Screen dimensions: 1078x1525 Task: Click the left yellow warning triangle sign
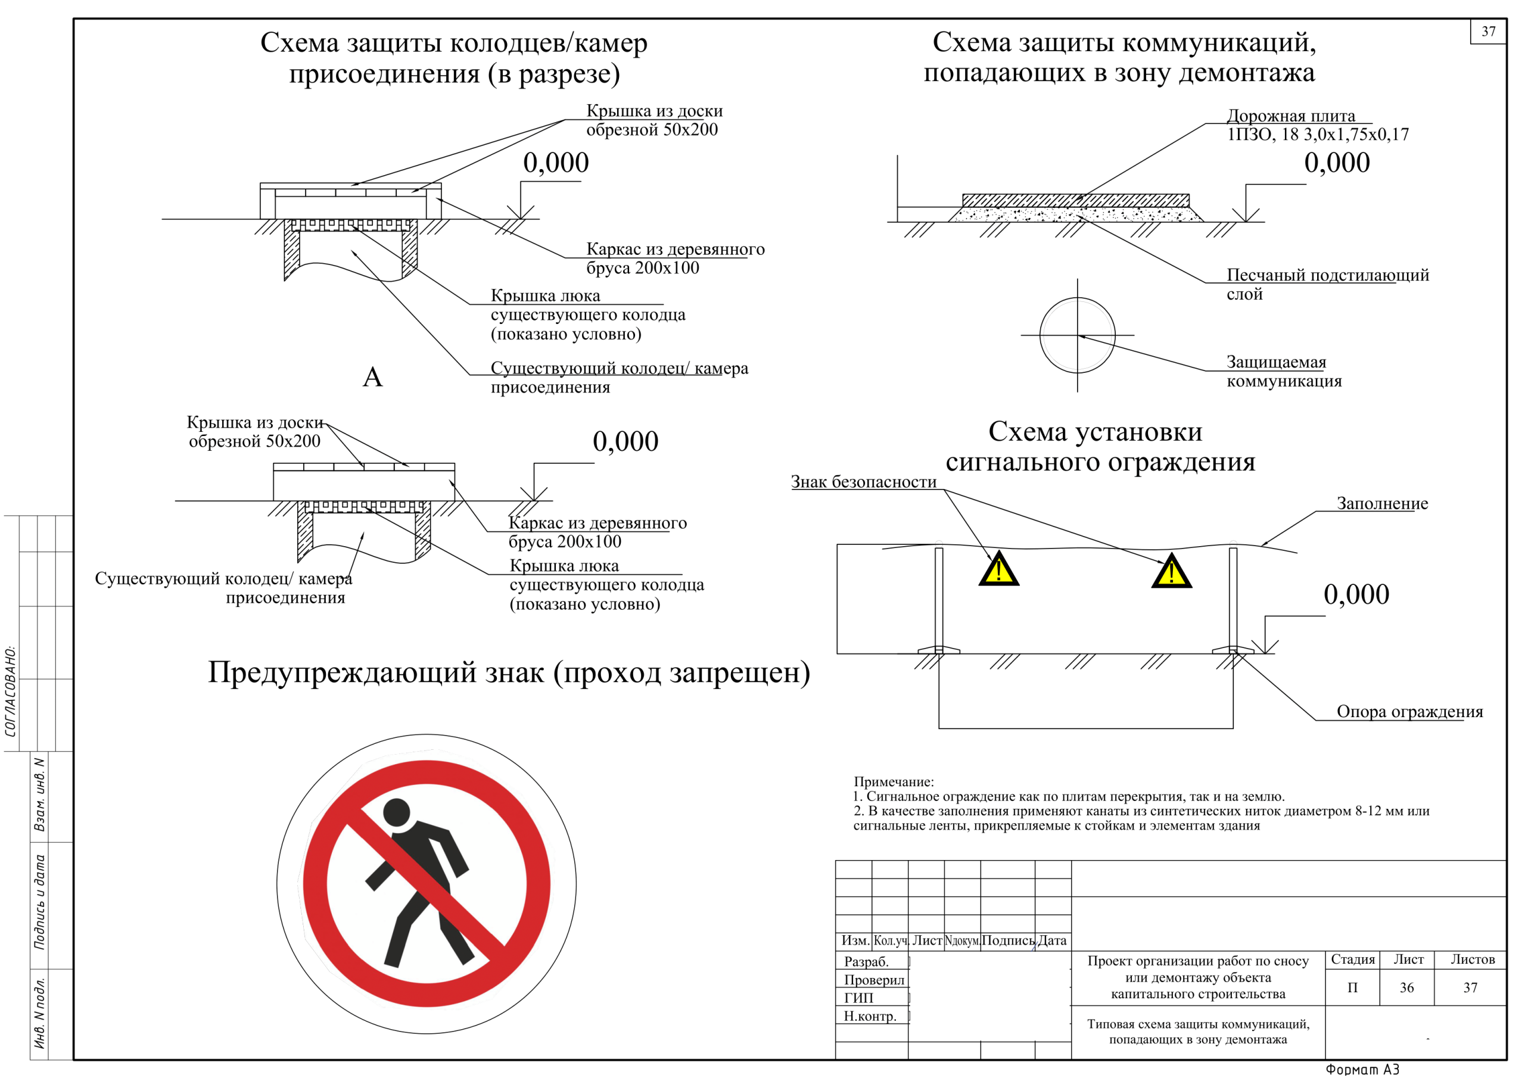(998, 571)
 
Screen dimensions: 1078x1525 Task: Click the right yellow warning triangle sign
(1171, 573)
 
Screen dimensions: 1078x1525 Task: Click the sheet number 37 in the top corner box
(1488, 31)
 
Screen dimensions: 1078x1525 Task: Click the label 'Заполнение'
(1381, 503)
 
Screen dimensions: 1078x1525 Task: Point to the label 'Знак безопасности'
(863, 482)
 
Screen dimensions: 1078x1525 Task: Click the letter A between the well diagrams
(373, 377)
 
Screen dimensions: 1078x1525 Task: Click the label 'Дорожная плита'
(1290, 116)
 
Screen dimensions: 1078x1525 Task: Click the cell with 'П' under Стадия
(1352, 987)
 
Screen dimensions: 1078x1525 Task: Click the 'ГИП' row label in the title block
(858, 998)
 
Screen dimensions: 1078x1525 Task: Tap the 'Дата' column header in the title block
(1052, 940)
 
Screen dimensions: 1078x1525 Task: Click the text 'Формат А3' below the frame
(1362, 1070)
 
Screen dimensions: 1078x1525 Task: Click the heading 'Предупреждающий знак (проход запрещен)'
(509, 673)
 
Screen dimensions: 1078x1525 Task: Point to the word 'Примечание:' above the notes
(894, 782)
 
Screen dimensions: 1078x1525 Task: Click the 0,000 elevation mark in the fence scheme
(1356, 594)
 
